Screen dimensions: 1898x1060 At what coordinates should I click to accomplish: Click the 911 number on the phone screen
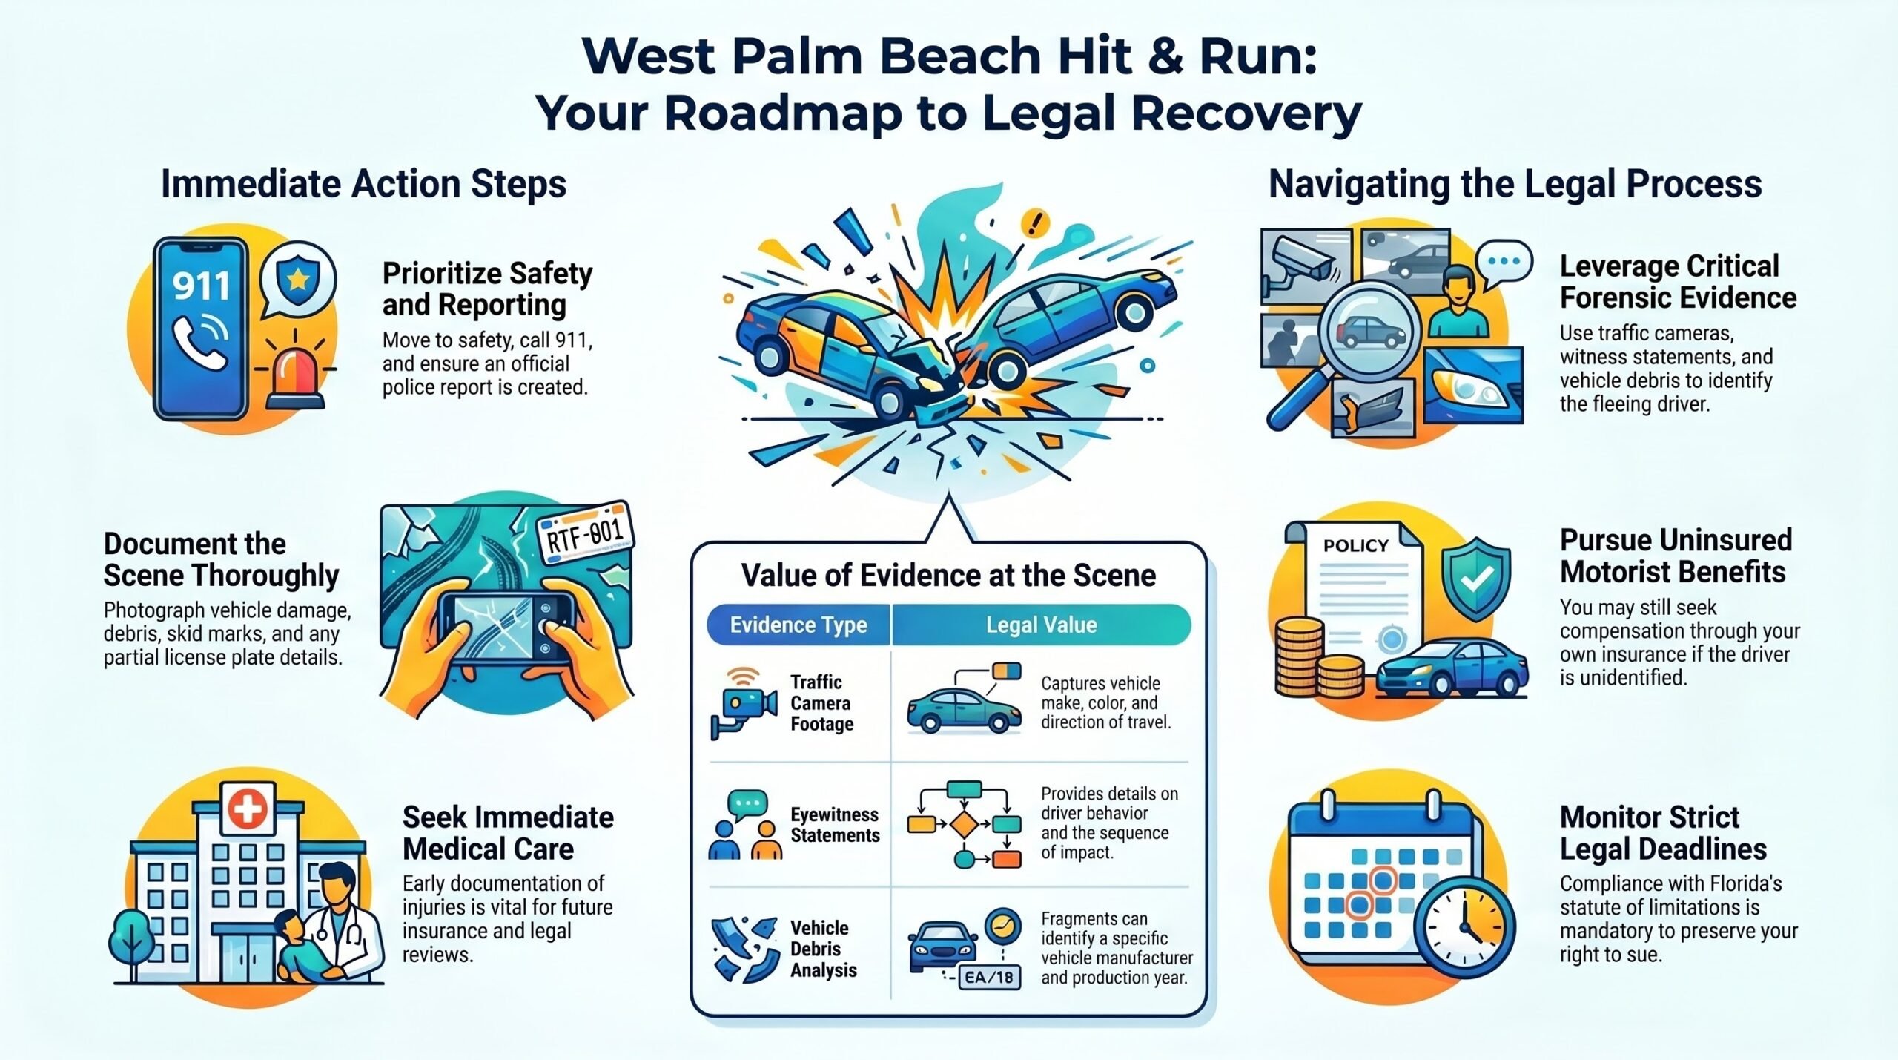click(201, 286)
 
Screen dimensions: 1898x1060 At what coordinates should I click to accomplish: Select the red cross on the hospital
click(248, 808)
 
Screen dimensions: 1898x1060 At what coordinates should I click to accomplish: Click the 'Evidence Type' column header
click(798, 625)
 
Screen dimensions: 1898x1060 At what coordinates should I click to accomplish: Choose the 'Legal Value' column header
click(1041, 625)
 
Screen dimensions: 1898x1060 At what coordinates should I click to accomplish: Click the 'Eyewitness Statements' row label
click(835, 825)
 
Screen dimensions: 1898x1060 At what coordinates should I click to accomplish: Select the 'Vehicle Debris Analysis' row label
click(823, 949)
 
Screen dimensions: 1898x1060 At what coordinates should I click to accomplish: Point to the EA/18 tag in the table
click(989, 977)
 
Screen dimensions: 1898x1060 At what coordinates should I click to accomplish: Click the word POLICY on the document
click(1355, 545)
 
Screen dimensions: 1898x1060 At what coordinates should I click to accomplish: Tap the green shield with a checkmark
click(1475, 579)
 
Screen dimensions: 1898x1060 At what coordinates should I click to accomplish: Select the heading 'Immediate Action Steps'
click(363, 184)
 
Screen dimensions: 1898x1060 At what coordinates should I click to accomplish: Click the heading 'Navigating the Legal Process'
click(1515, 184)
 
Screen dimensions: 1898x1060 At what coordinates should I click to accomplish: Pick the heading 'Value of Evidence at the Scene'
click(948, 575)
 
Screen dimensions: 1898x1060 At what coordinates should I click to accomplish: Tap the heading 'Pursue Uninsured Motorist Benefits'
click(1676, 556)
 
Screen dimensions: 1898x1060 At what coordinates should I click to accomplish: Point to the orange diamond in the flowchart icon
click(965, 824)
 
